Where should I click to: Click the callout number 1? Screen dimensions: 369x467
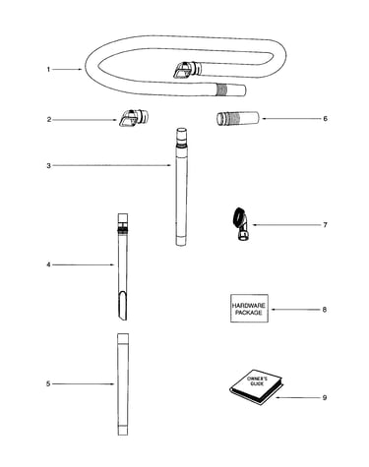click(48, 69)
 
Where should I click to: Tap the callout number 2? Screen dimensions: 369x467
click(49, 120)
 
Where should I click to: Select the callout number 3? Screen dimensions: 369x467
click(49, 165)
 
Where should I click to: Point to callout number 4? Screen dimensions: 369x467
click(48, 264)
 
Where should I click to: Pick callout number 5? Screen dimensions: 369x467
click(48, 383)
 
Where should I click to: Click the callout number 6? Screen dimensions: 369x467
click(325, 118)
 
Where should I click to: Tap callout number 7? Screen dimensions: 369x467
click(325, 225)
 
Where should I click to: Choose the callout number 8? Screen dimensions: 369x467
click(325, 310)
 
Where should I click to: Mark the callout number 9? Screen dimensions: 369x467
click(325, 397)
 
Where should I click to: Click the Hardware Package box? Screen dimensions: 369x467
click(249, 309)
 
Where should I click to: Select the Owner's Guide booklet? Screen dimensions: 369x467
click(256, 387)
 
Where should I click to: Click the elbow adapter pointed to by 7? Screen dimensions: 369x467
click(241, 224)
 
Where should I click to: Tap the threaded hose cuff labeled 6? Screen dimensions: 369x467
click(238, 118)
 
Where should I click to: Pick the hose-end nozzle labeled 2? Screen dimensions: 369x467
click(133, 118)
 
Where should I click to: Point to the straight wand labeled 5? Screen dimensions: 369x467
click(123, 384)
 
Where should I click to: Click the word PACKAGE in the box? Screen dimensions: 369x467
click(249, 313)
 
